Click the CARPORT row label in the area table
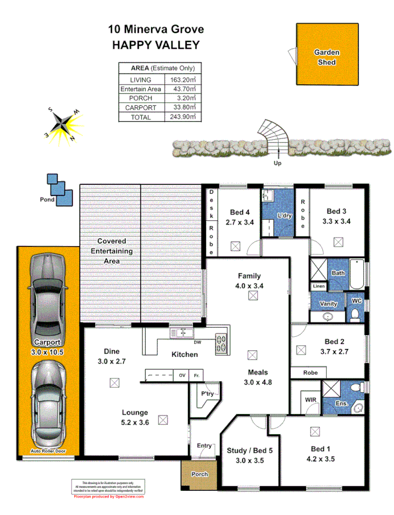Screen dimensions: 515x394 [140, 108]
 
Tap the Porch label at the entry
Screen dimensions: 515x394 [199, 474]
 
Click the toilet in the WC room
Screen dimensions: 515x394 [355, 316]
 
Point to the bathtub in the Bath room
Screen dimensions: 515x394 [357, 273]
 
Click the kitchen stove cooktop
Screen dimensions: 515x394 [221, 338]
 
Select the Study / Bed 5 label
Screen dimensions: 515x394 [250, 451]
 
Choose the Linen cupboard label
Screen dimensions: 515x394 [318, 287]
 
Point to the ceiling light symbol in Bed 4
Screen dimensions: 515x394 [235, 245]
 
